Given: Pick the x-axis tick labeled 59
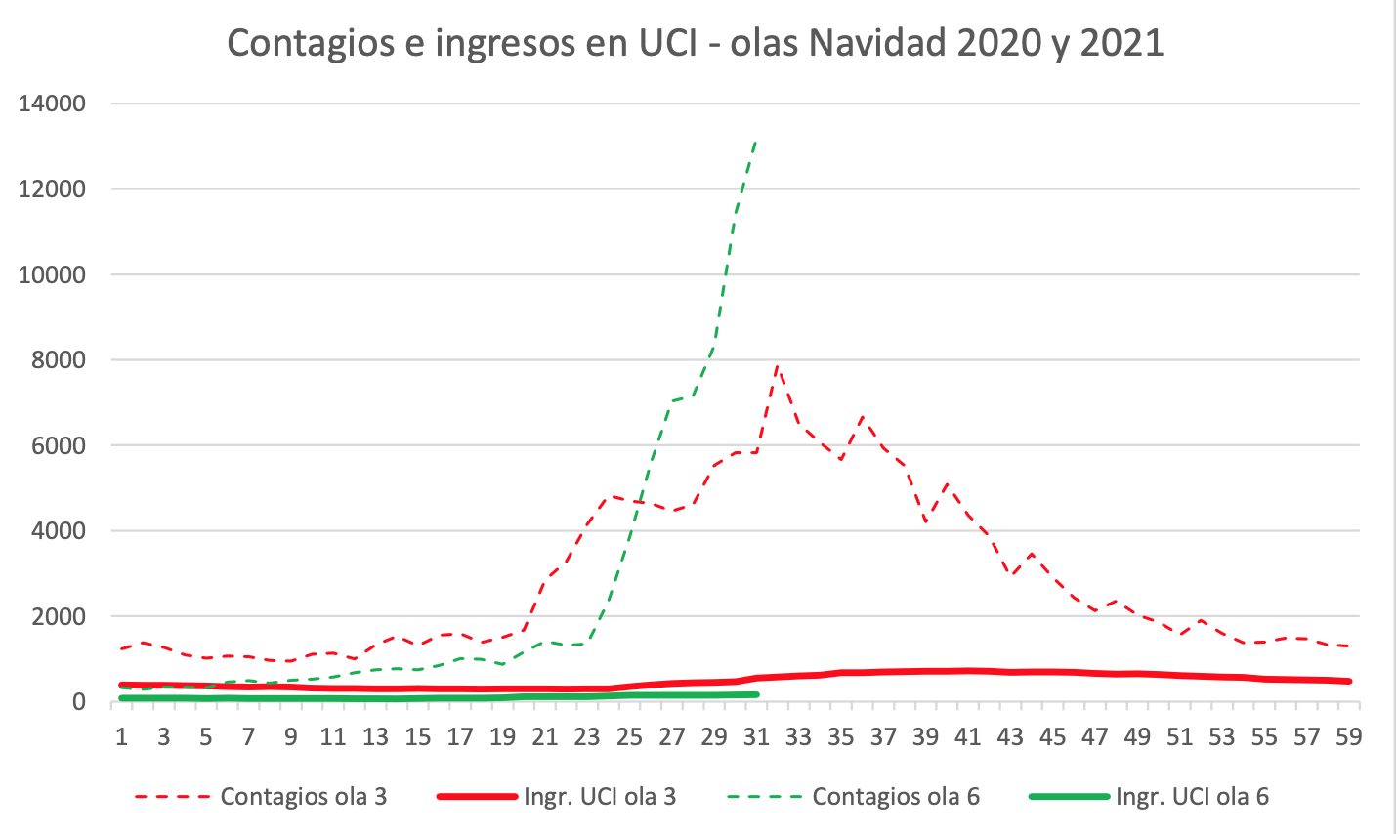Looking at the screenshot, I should [x=1349, y=736].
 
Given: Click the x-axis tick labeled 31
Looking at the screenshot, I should [x=756, y=736].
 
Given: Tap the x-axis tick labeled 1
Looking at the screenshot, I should [x=121, y=736].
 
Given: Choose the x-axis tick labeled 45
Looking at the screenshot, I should [x=1053, y=736].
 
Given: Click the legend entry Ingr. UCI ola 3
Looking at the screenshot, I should [x=599, y=797].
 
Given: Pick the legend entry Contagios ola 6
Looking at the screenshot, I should [x=896, y=797].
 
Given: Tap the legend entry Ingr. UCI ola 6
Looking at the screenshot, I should [x=1192, y=797].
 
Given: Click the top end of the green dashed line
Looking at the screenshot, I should [x=756, y=141].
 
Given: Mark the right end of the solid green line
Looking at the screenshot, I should [x=756, y=695].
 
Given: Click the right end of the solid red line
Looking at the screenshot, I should [x=1349, y=681].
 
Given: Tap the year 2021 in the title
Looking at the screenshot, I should [x=1122, y=44].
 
